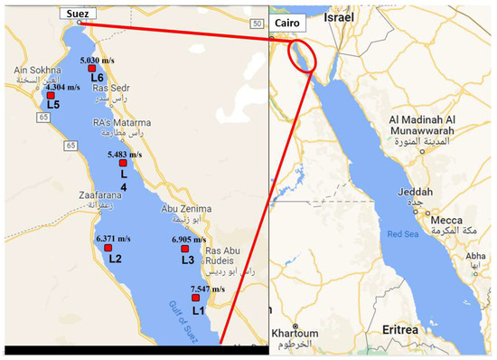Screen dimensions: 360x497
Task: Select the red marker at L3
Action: pos(187,249)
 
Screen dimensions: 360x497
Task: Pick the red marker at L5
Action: pos(52,95)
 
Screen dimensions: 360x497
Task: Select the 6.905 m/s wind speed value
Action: pos(189,240)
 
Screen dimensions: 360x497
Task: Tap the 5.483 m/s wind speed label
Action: pos(125,155)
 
